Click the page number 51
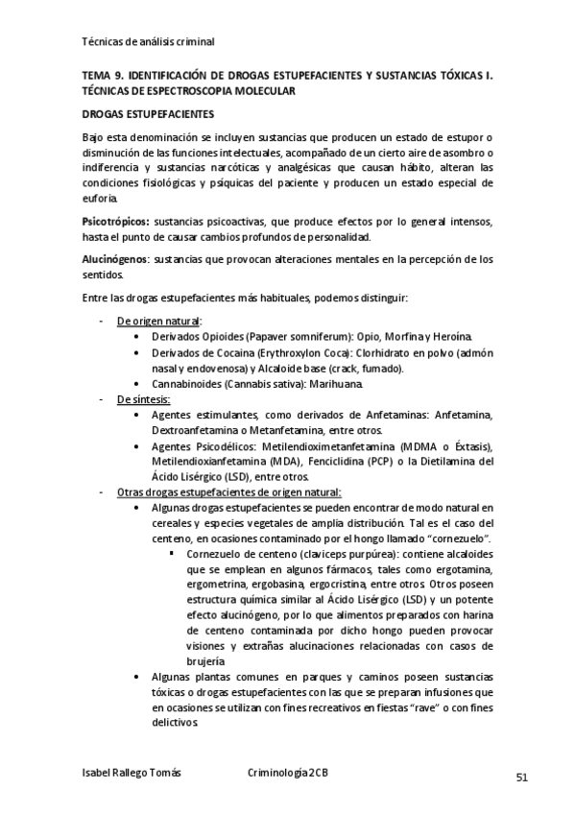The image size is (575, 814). tap(522, 777)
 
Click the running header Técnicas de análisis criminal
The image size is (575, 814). tap(148, 42)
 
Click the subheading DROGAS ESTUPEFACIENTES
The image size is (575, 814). tap(148, 113)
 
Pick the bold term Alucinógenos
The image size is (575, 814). tap(115, 260)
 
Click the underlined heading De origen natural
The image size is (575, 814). tap(159, 321)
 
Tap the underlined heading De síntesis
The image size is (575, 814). tap(144, 398)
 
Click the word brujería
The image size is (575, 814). tap(208, 660)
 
